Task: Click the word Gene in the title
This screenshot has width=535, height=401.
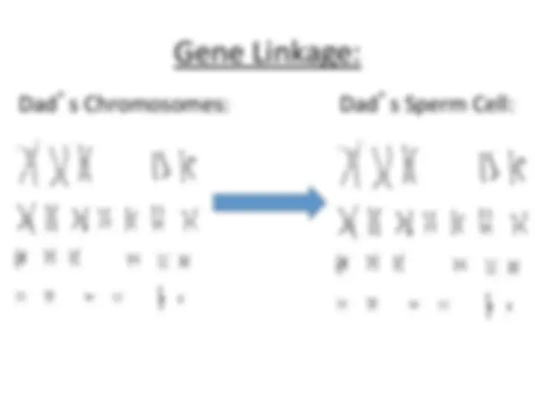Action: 209,53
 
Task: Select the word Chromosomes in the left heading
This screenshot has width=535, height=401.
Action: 155,104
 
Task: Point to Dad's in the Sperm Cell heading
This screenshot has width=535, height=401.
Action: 368,103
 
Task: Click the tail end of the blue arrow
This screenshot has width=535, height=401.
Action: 213,203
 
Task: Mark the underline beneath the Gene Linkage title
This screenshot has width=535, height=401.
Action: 267,68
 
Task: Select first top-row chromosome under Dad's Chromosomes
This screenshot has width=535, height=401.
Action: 29,163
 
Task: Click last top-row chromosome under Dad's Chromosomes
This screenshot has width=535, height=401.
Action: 189,166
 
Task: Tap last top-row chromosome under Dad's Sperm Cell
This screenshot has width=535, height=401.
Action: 517,167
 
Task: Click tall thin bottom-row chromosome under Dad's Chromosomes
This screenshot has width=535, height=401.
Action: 160,298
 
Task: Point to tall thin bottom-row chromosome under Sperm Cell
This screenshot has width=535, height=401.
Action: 489,305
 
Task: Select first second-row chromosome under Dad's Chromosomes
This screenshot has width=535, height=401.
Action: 26,218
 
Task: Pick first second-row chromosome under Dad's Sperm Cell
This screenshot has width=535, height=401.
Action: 348,221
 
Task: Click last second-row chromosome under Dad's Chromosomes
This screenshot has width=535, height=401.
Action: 189,219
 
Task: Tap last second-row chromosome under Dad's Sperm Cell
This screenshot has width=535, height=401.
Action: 519,223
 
